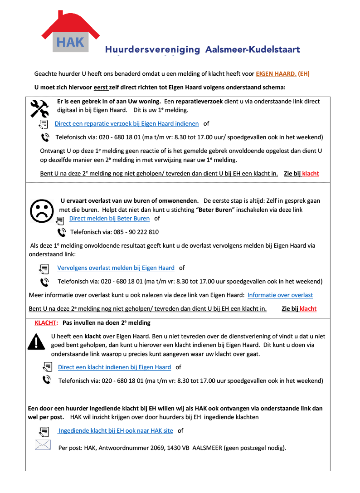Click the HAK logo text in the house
pos(70,42)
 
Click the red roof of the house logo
pos(70,20)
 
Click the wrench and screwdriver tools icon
pos(39,108)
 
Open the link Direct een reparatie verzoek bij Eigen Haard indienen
pos(126,123)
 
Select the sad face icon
pos(41,210)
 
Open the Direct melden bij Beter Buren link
pos(109,218)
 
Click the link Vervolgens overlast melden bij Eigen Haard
pos(116,268)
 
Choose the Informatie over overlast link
pos(280,295)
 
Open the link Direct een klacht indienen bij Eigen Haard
pos(114,367)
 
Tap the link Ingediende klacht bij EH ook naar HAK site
pos(116,430)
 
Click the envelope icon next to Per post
pos(43,445)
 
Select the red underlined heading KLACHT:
pos(46,322)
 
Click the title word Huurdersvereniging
pos(152,49)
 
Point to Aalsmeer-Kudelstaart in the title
pos(252,49)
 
